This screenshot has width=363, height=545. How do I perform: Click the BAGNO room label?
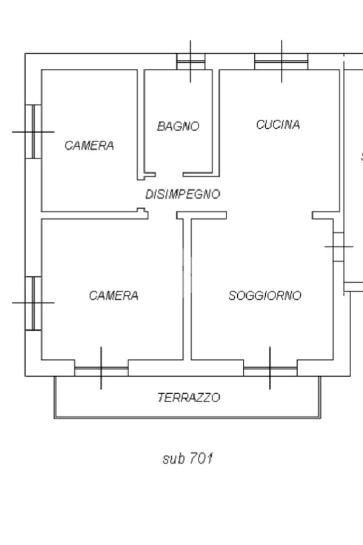pos(178,127)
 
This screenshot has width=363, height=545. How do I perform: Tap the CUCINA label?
pos(278,125)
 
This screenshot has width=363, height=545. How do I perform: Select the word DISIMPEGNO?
pos(182,194)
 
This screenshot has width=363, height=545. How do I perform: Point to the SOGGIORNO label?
pos(265,295)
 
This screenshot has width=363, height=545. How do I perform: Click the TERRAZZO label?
pos(189,398)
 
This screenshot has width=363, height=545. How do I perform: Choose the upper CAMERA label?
pos(89,145)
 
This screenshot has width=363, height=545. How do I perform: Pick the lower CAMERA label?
pos(114,295)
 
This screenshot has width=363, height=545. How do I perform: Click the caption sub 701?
pos(188,458)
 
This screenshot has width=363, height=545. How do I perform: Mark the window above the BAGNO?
pos(190,62)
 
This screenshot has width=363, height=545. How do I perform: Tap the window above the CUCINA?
pos(281,62)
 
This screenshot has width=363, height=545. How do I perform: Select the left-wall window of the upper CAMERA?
pos(33,131)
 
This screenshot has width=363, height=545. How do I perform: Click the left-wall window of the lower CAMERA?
pos(33,303)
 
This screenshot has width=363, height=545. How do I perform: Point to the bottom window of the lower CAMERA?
pos(101,368)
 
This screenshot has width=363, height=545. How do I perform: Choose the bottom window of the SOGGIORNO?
pos(270,368)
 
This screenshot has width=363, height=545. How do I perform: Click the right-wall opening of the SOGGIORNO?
pos(339,246)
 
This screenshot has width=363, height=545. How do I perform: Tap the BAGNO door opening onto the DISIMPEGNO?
pos(169,174)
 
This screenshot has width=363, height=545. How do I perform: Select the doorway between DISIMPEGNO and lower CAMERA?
pos(162,214)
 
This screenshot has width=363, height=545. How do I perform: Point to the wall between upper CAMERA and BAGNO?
pos(141,122)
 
